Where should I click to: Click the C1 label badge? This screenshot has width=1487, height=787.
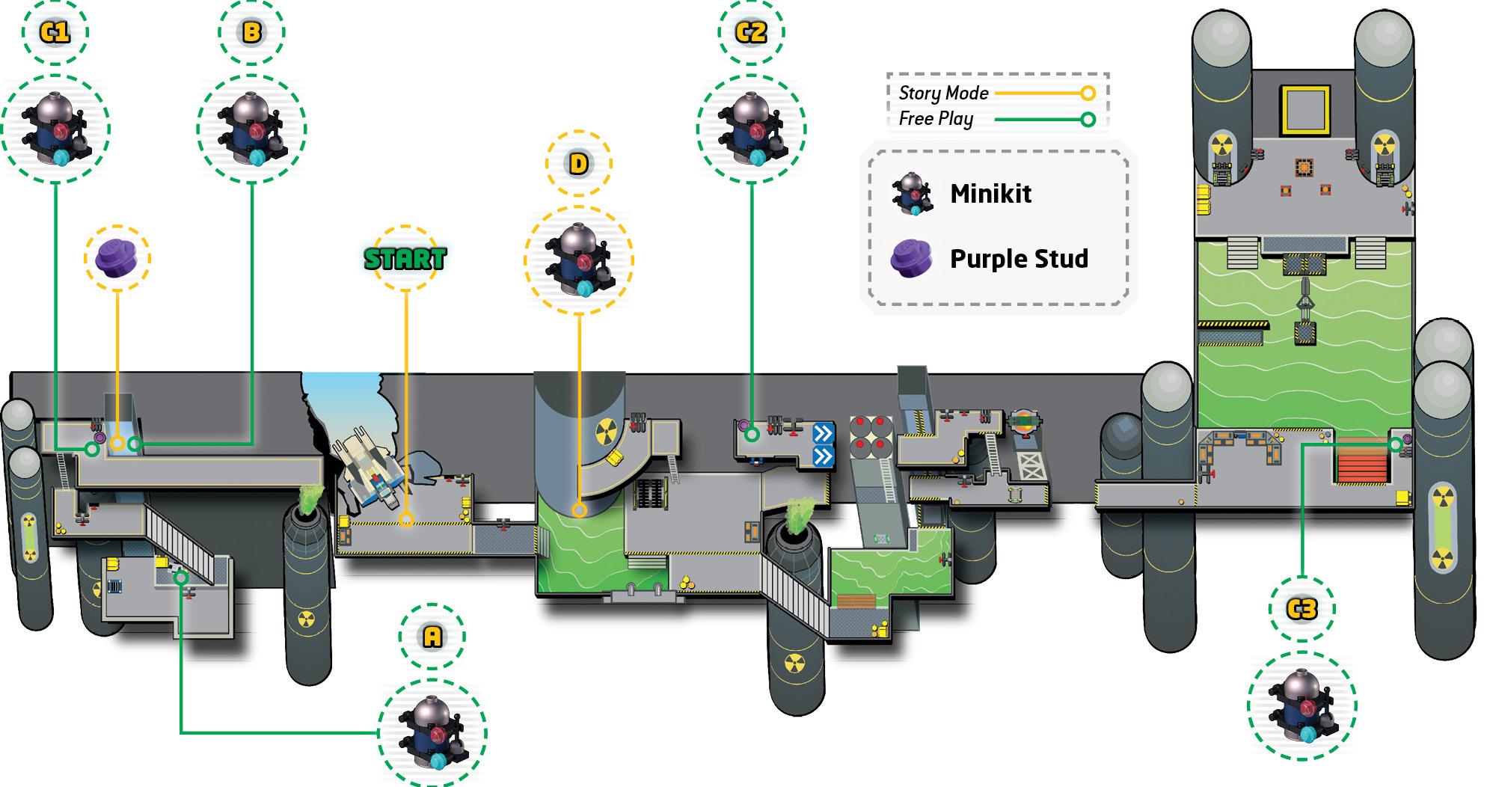click(x=55, y=32)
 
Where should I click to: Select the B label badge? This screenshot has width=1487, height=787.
click(x=252, y=32)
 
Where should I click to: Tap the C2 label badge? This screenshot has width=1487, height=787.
click(x=752, y=32)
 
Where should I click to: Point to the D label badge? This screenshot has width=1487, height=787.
click(x=579, y=164)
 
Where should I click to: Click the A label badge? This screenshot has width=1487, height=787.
click(x=432, y=637)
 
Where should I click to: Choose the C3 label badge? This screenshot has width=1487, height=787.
click(x=1302, y=609)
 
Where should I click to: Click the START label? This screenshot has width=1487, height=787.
click(x=405, y=259)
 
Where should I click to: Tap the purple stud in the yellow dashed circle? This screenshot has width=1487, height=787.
click(x=117, y=258)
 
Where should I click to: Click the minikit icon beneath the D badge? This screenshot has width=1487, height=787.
click(x=579, y=260)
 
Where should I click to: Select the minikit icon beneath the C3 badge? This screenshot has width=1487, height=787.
click(x=1302, y=705)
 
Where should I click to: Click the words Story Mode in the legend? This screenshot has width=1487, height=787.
click(x=944, y=93)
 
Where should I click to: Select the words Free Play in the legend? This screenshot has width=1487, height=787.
click(x=936, y=119)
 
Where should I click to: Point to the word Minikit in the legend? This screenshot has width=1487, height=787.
click(x=991, y=194)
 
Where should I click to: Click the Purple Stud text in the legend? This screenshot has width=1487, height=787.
click(x=1020, y=259)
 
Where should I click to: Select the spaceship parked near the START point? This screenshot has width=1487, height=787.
click(x=370, y=468)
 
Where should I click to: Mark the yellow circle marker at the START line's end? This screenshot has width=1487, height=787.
click(x=406, y=519)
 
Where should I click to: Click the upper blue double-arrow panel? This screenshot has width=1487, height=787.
click(x=823, y=433)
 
